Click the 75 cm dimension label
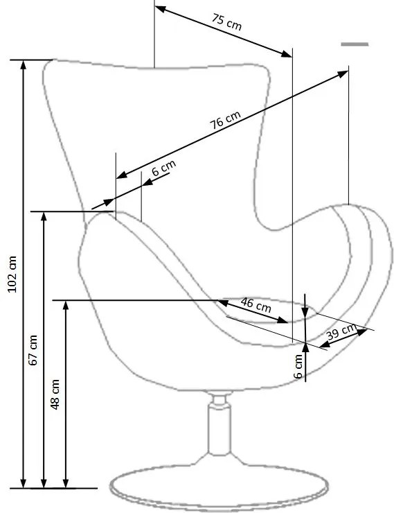point(226,22)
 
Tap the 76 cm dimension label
point(225,119)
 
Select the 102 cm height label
point(12,274)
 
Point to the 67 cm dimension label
point(33,350)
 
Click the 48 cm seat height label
point(55,394)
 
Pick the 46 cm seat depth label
point(256,304)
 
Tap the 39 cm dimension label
point(341,332)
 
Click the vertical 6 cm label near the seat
point(298,367)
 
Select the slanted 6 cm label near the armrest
point(163,167)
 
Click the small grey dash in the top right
point(355,44)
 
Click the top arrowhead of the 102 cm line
point(23,64)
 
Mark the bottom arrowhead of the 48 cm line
point(66,484)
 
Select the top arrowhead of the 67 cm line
point(44,216)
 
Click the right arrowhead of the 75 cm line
point(287,54)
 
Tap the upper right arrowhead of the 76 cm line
point(343,74)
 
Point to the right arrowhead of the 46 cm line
point(283,320)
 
